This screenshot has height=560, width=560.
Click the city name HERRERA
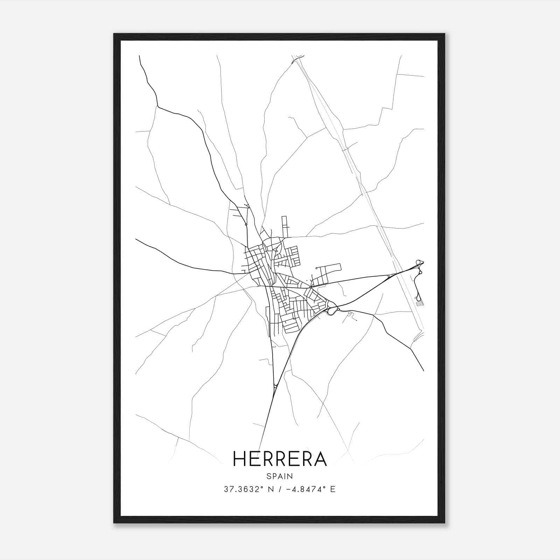coord(280,458)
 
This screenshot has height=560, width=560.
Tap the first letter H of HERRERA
coord(239,458)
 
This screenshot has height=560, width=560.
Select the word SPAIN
coord(280,476)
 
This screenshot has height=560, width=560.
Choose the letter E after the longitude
coord(333,489)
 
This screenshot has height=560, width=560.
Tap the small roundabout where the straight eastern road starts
coord(310,287)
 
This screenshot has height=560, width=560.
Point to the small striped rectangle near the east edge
coord(420,305)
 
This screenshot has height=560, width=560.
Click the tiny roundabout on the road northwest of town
coord(246,224)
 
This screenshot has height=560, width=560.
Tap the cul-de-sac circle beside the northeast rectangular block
coord(316,268)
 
